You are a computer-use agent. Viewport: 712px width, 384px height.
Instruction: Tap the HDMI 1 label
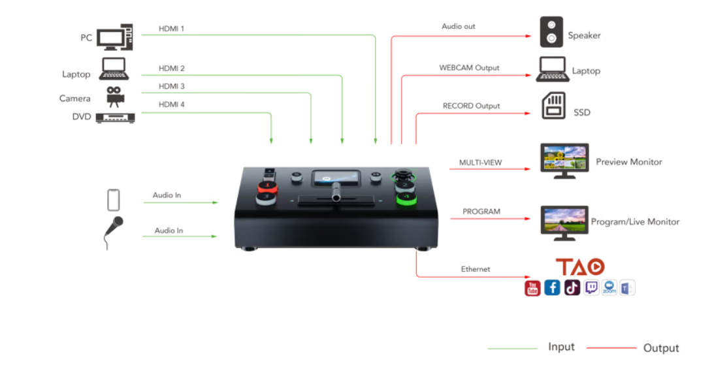tap(172, 29)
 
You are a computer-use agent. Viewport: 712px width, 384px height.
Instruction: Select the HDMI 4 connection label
tap(172, 104)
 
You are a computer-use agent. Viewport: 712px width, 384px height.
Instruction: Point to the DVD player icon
tap(115, 118)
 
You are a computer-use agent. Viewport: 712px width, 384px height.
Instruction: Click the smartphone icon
tap(114, 200)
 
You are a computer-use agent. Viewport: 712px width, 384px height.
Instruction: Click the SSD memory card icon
tap(554, 106)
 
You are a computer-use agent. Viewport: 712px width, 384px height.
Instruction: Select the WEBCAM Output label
tap(469, 67)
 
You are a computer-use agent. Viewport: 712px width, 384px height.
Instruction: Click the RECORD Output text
tap(471, 106)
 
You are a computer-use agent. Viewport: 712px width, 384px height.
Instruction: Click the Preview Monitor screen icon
tap(565, 161)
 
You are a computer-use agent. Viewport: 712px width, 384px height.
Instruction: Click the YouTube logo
tap(532, 287)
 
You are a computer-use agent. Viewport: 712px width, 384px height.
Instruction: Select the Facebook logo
tap(552, 287)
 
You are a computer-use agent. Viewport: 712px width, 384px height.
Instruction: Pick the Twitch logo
tap(591, 287)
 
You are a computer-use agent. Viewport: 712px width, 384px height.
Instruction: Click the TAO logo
tap(580, 266)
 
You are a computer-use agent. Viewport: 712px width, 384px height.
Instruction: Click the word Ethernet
tap(475, 269)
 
